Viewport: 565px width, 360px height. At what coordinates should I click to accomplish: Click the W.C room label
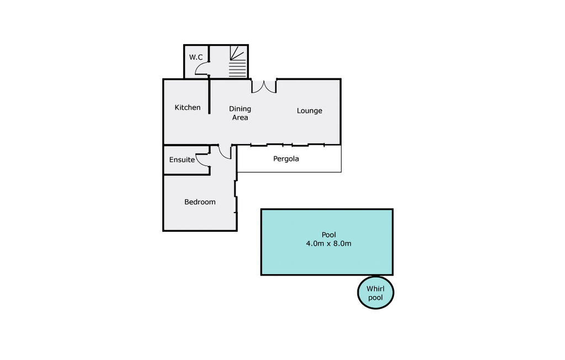196,57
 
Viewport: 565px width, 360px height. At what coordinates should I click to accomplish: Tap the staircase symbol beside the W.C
237,62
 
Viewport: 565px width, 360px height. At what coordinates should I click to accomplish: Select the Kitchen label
188,107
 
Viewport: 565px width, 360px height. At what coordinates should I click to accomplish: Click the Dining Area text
240,113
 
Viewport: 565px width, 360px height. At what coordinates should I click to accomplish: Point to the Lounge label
310,110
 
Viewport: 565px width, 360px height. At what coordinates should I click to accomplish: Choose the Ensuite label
182,160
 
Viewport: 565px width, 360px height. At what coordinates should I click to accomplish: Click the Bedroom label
200,202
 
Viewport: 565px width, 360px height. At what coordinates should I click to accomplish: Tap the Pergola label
286,159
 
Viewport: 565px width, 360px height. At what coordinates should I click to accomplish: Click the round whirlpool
376,293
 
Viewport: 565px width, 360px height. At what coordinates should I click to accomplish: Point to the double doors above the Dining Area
264,86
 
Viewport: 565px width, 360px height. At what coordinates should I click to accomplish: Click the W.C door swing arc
202,70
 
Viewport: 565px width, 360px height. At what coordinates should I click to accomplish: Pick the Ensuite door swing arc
203,160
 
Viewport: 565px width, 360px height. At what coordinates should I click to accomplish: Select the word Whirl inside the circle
376,288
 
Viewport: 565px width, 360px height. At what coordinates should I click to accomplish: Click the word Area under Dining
240,117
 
